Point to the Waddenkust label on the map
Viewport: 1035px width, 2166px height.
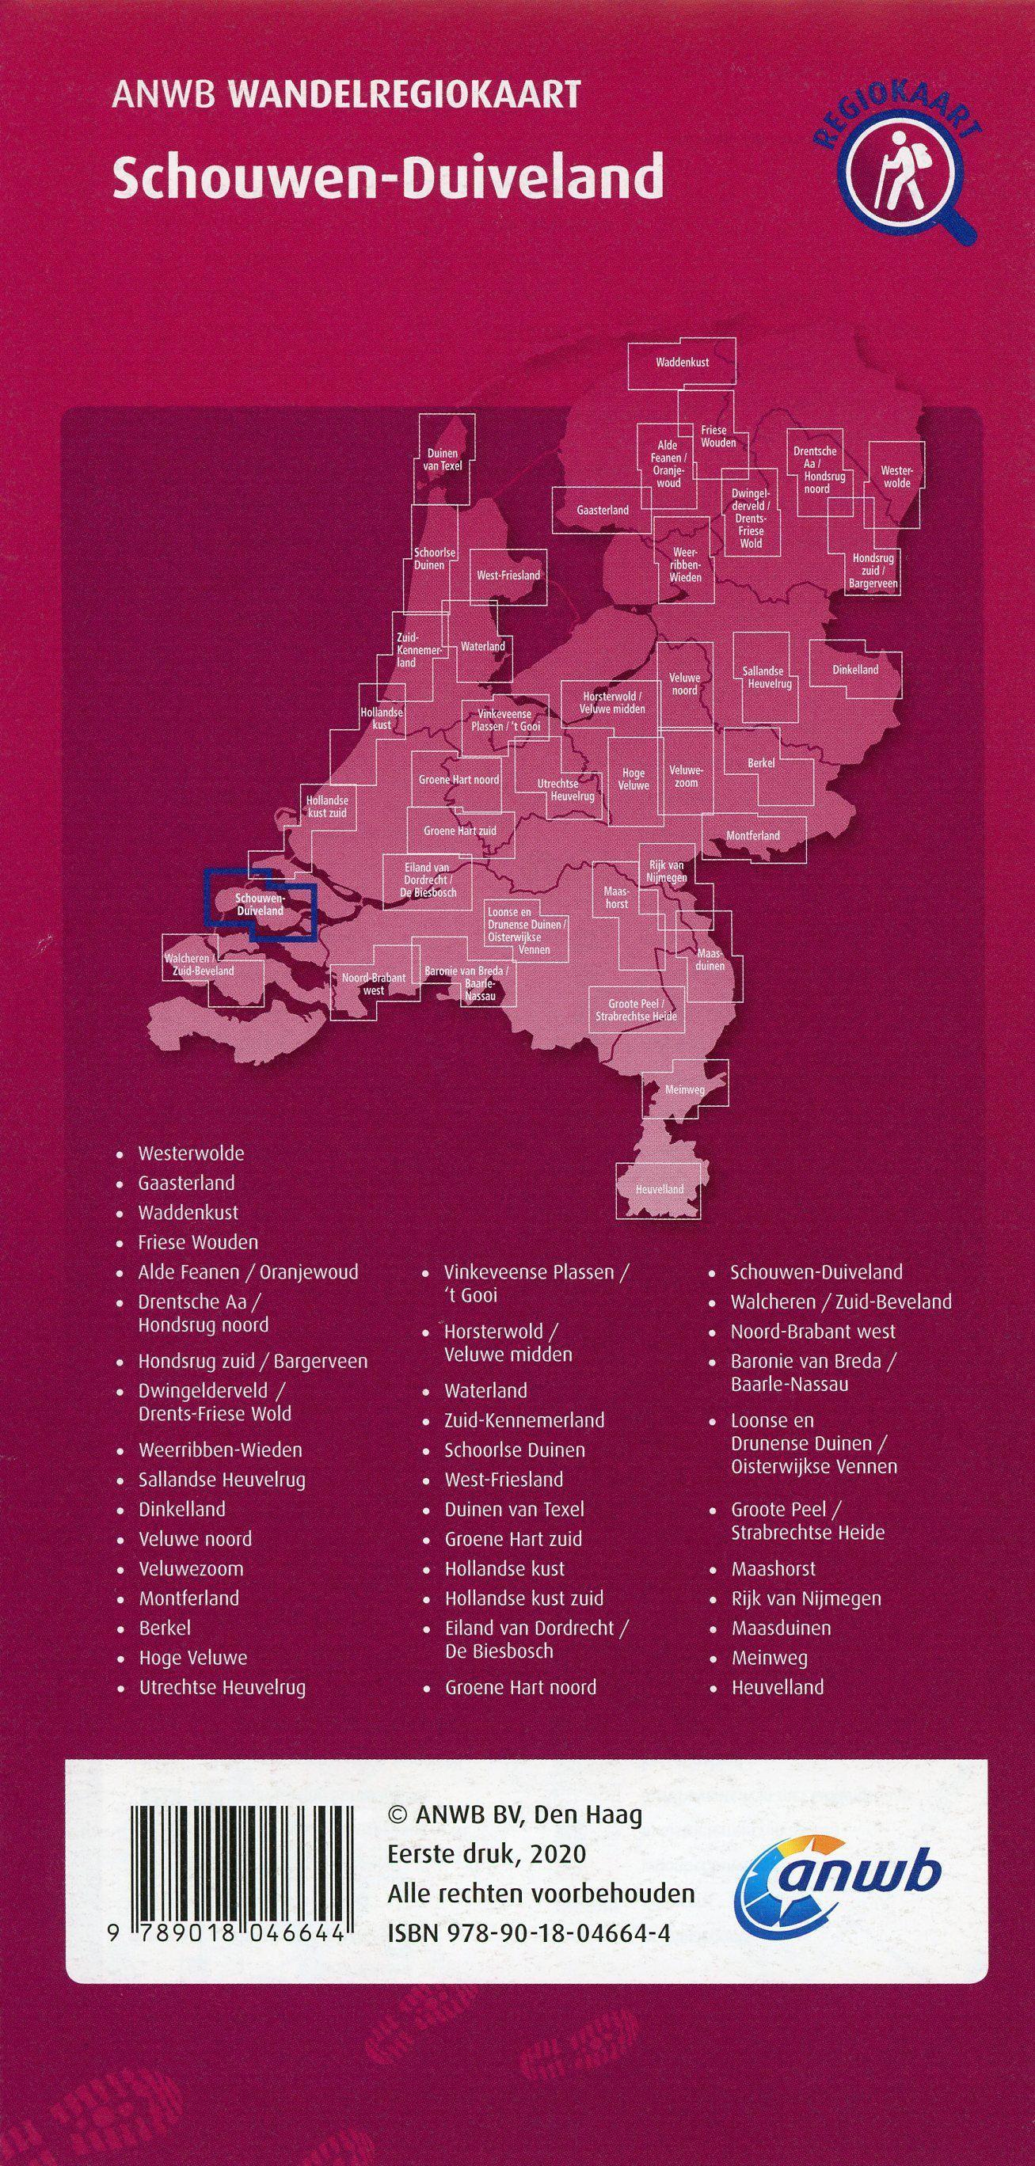pyautogui.click(x=682, y=363)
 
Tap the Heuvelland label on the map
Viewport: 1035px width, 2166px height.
pyautogui.click(x=659, y=1190)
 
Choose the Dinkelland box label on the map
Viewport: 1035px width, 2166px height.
pyautogui.click(x=855, y=671)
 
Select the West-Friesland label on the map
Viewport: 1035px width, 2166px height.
pyautogui.click(x=508, y=576)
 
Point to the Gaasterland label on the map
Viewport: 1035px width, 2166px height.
pyautogui.click(x=603, y=511)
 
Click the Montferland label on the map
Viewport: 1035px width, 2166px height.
pyautogui.click(x=752, y=836)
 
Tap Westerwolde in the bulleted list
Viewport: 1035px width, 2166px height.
pyautogui.click(x=191, y=1153)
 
